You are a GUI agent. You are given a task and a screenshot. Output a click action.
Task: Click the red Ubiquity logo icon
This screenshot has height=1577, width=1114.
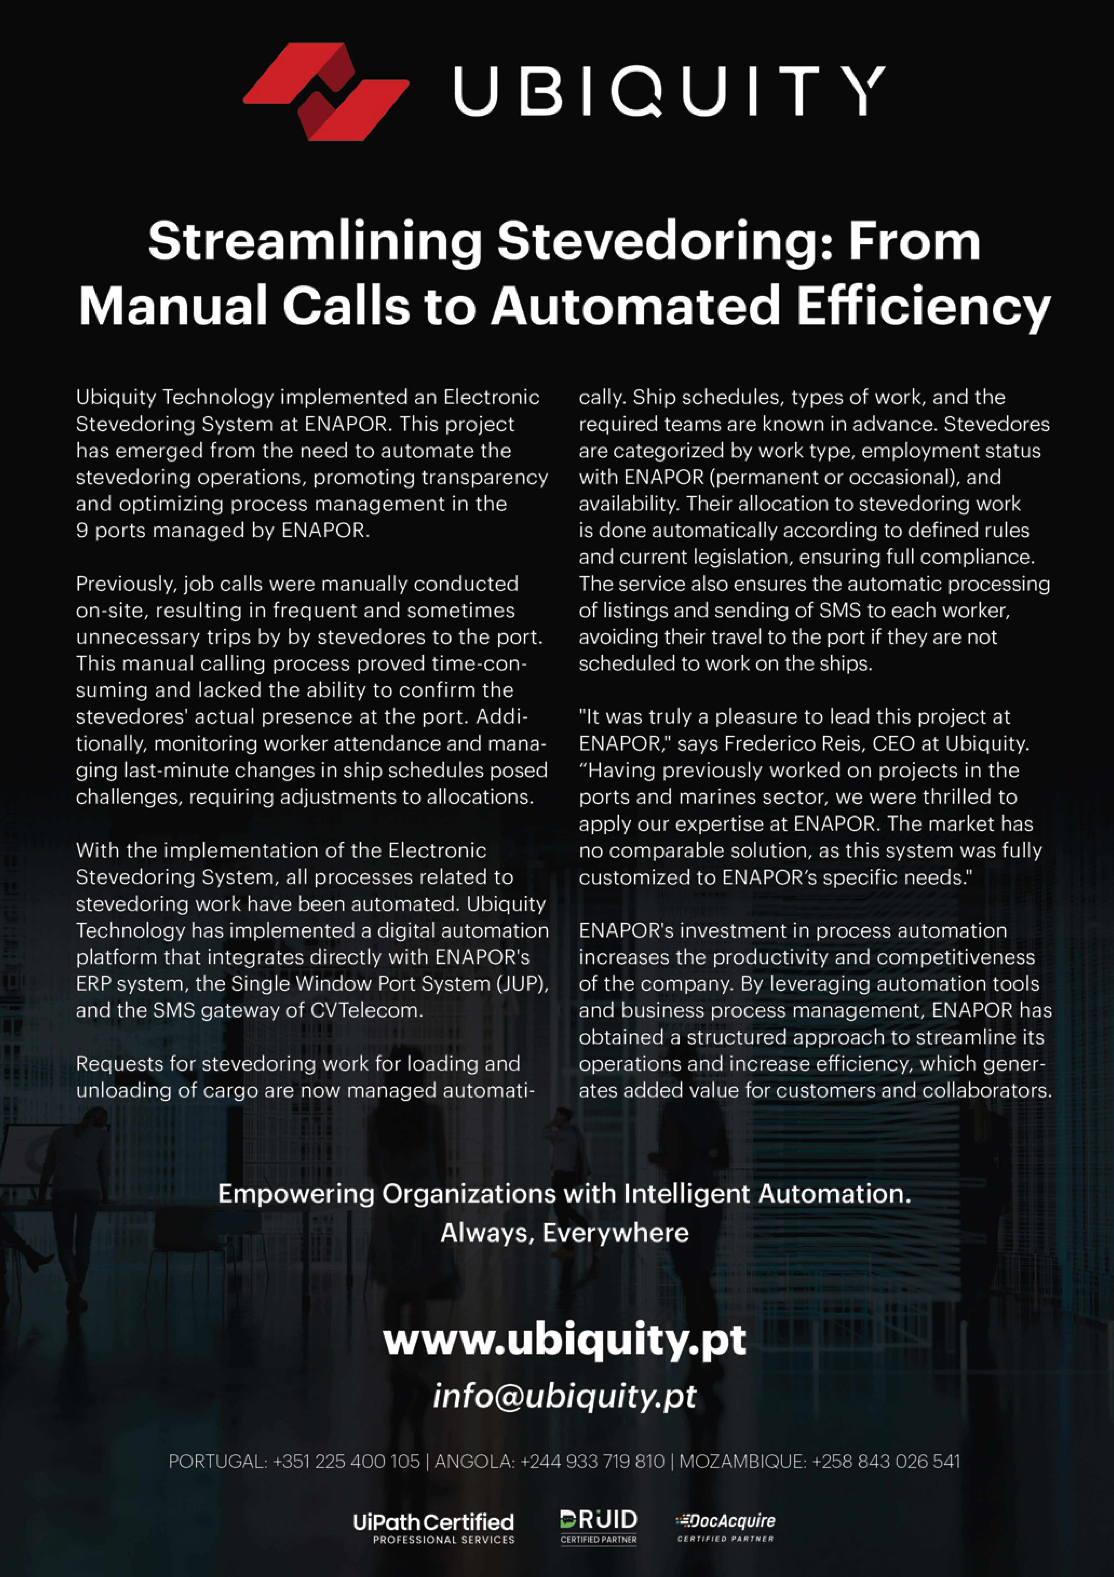(x=326, y=91)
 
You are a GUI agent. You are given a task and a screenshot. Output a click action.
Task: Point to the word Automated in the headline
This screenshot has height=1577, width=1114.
(x=635, y=306)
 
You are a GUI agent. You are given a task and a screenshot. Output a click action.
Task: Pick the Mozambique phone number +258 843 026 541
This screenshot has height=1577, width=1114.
(x=886, y=1462)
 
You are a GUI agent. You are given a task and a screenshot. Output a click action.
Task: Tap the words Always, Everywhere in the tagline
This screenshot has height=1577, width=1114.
(x=565, y=1233)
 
